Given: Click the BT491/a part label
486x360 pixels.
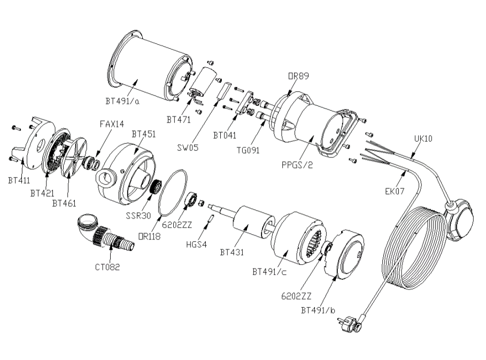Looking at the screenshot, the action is click(122, 102).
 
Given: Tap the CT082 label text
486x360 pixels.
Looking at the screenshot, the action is click(107, 267).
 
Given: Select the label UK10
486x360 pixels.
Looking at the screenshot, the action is click(423, 139).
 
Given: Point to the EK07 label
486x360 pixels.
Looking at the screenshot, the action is click(395, 192).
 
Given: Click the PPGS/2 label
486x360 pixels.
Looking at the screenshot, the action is click(297, 165).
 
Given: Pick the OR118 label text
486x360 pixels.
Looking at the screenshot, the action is click(149, 236).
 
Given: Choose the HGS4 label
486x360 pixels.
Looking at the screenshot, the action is click(196, 244).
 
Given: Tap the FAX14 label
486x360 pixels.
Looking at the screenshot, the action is click(112, 124).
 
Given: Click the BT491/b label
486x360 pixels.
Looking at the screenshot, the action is click(318, 310).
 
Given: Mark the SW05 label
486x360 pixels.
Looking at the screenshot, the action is click(188, 148).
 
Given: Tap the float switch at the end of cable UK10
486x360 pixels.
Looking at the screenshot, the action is click(459, 219).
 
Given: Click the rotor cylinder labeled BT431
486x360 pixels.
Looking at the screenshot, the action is click(252, 223).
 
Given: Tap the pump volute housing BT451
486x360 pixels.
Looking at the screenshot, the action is click(127, 174).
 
